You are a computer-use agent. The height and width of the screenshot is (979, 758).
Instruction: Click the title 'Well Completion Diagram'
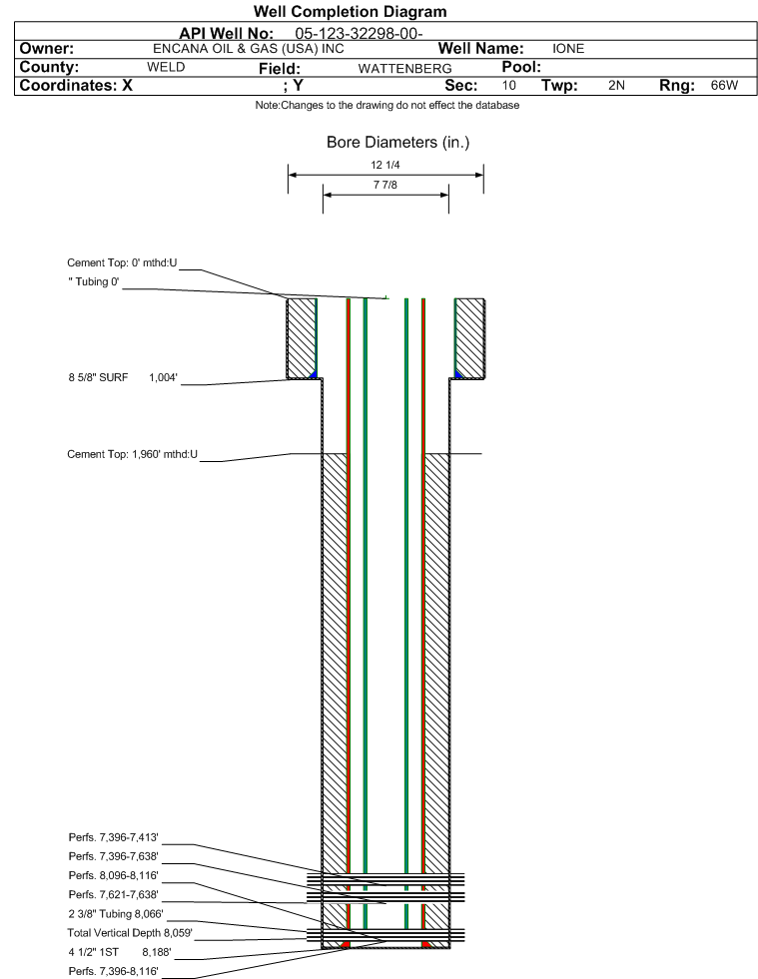(x=350, y=12)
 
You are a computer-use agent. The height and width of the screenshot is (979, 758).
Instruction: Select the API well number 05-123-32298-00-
(x=359, y=34)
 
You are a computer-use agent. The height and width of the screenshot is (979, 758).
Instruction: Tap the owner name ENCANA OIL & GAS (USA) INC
(x=248, y=49)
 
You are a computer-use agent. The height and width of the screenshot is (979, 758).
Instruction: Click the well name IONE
(x=568, y=49)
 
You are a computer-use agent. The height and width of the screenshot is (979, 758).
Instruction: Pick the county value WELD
(x=166, y=68)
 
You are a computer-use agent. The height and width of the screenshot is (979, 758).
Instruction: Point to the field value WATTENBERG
(x=404, y=69)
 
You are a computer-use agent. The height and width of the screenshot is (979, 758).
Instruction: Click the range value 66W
(x=724, y=86)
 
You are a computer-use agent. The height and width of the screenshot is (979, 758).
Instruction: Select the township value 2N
(x=616, y=86)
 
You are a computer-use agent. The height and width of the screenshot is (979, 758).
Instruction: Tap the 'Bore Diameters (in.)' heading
(x=397, y=143)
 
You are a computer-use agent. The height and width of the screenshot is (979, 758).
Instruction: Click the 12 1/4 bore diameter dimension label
(x=384, y=165)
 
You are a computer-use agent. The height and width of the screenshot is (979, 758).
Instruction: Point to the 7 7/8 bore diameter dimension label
(x=384, y=185)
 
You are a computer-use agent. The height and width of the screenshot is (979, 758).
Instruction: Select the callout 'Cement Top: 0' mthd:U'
(x=122, y=262)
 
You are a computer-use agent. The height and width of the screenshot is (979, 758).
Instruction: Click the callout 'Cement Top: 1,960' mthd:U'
(x=133, y=454)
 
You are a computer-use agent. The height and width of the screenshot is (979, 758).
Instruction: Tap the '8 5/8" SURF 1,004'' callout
(x=123, y=378)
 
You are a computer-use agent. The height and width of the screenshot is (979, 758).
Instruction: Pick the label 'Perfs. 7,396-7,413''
(x=113, y=837)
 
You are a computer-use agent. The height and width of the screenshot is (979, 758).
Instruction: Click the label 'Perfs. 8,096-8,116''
(x=113, y=875)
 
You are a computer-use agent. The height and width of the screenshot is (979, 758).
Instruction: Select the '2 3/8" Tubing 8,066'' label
(x=116, y=914)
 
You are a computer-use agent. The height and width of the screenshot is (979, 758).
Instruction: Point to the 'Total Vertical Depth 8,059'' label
(x=130, y=933)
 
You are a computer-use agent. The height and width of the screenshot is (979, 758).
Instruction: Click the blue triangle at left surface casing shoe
(x=314, y=374)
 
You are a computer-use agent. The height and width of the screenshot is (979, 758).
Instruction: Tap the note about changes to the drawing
(x=386, y=106)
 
